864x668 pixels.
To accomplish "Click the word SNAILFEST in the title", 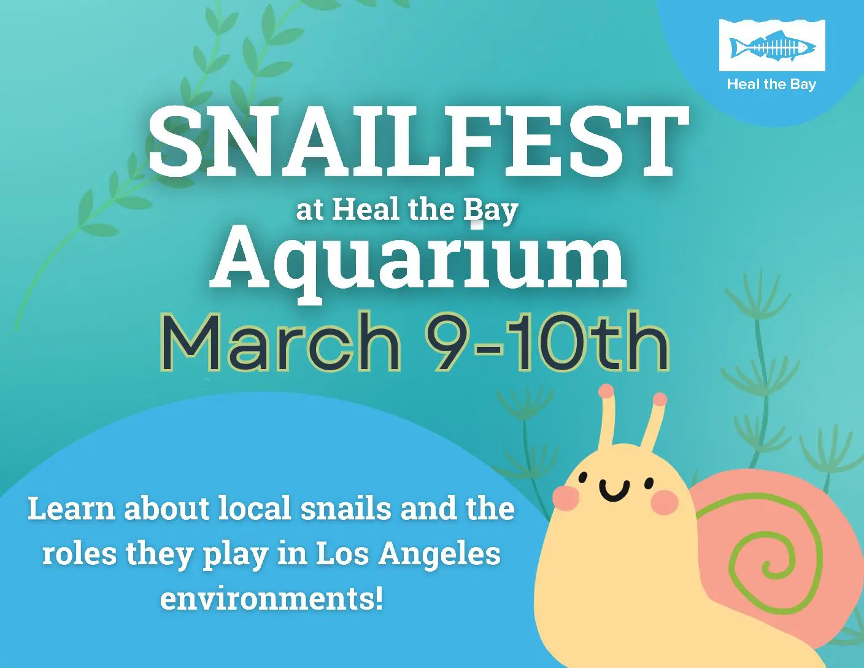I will click(417, 140).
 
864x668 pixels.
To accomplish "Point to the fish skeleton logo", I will click(772, 47).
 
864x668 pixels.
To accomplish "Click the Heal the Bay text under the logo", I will click(771, 84).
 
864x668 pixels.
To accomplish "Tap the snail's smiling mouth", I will click(614, 489).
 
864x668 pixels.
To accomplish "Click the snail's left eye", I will click(583, 478).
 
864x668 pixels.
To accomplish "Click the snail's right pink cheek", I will click(664, 503).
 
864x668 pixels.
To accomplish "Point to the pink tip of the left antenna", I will click(606, 391).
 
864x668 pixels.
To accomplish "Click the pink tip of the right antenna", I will click(660, 400).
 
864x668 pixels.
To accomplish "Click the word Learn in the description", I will click(71, 509).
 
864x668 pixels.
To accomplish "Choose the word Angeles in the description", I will click(439, 554).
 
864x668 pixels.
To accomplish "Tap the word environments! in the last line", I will click(272, 598).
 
